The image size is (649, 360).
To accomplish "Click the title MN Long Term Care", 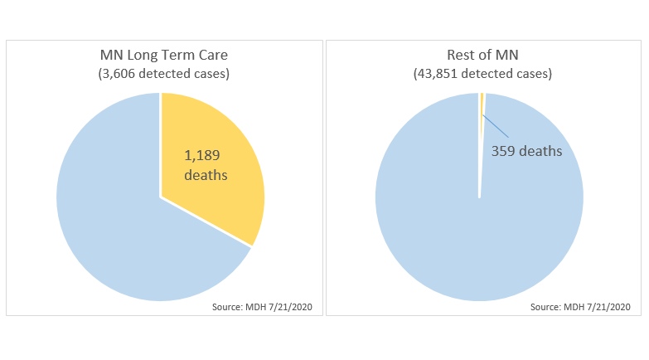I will (x=160, y=56).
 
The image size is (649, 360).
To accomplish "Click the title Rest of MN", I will (x=479, y=56).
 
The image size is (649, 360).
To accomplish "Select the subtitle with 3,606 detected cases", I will (x=160, y=74).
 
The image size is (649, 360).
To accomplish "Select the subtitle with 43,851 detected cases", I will (x=479, y=74).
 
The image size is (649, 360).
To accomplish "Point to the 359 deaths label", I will (x=527, y=152).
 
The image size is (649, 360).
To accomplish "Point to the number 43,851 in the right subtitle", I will (x=440, y=74).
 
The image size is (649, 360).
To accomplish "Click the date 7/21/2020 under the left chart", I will (x=289, y=307).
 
